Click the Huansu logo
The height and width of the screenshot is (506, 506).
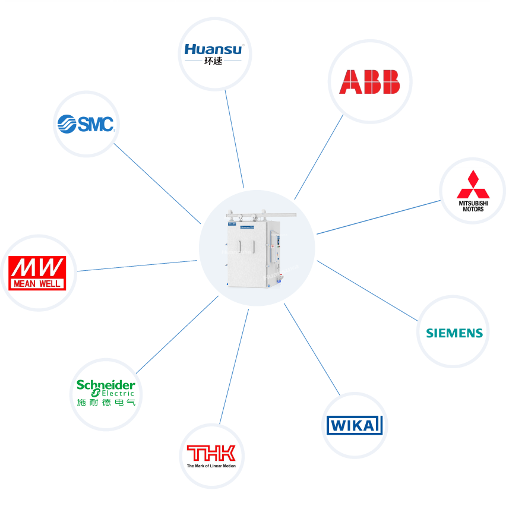pyautogui.click(x=213, y=49)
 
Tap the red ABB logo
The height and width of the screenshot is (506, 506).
pyautogui.click(x=369, y=82)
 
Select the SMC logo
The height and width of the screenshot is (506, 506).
pyautogui.click(x=86, y=124)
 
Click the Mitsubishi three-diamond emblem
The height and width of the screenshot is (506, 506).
pyautogui.click(x=473, y=185)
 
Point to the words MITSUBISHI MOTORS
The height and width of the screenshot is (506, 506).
pyautogui.click(x=473, y=206)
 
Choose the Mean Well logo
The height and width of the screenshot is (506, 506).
pyautogui.click(x=37, y=273)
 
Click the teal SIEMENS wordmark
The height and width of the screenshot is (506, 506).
pyautogui.click(x=454, y=333)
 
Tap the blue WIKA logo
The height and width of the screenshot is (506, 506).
pyautogui.click(x=354, y=425)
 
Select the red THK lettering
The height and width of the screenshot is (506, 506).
pyautogui.click(x=211, y=454)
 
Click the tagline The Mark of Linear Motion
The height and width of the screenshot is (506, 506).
pyautogui.click(x=211, y=466)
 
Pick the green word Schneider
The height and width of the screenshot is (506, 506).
pyautogui.click(x=106, y=385)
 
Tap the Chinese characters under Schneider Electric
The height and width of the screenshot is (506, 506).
pyautogui.click(x=106, y=403)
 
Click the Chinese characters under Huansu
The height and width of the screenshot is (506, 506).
pyautogui.click(x=213, y=61)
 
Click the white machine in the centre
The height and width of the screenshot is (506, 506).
pyautogui.click(x=257, y=249)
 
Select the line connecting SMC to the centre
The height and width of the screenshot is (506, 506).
pyautogui.click(x=157, y=184)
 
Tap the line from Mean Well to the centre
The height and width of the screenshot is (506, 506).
pyautogui.click(x=137, y=266)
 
